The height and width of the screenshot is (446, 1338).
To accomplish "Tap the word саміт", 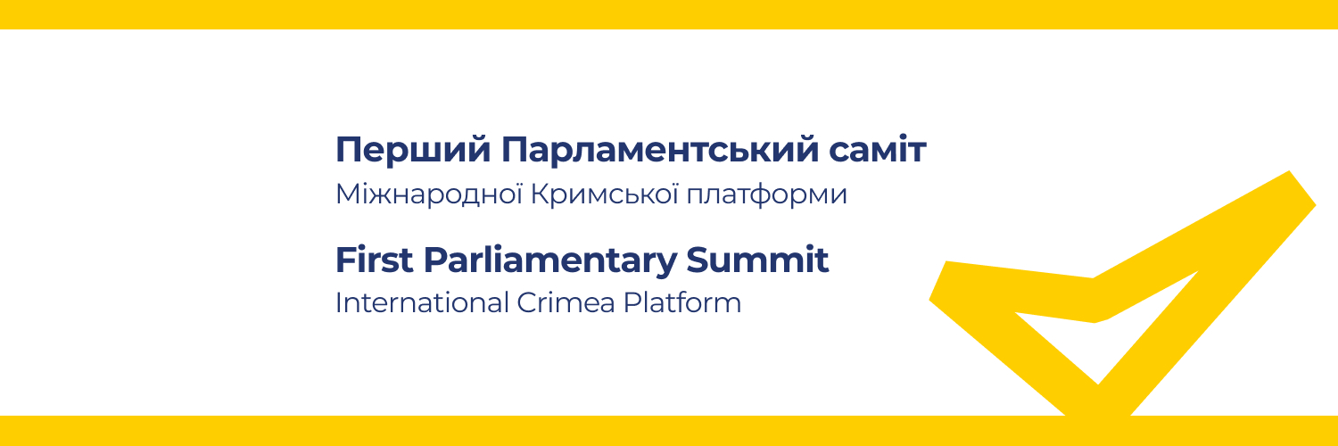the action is pyautogui.click(x=877, y=149).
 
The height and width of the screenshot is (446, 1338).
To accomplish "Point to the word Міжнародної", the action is pyautogui.click(x=429, y=194).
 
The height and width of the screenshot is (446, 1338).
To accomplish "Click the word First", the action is pyautogui.click(x=375, y=260).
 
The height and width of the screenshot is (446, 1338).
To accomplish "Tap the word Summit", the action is pyautogui.click(x=757, y=260).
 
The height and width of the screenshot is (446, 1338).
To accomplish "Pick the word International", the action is pyautogui.click(x=422, y=302).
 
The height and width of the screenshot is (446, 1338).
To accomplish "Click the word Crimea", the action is pyautogui.click(x=566, y=302).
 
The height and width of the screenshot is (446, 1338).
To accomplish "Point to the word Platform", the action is pyautogui.click(x=682, y=302).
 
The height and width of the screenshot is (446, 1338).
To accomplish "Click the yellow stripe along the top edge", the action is pyautogui.click(x=669, y=14).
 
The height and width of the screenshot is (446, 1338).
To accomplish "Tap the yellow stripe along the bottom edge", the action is pyautogui.click(x=669, y=431).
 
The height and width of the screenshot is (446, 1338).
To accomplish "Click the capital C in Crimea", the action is pyautogui.click(x=529, y=302).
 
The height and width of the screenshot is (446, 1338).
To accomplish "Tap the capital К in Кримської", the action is pyautogui.click(x=541, y=194).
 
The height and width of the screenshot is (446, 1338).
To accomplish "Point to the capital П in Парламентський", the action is pyautogui.click(x=515, y=149).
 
